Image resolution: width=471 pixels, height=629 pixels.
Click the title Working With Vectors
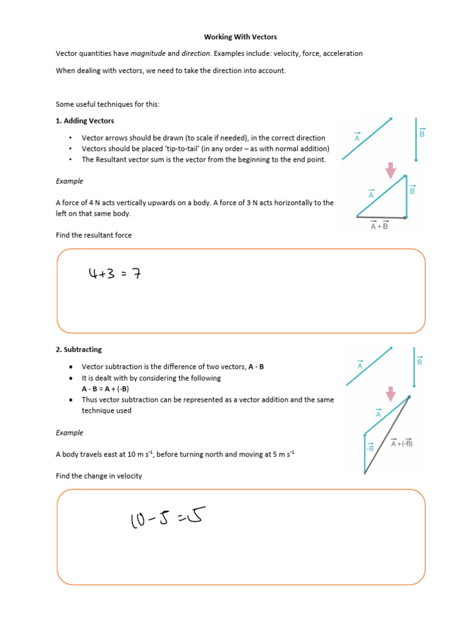point(236,37)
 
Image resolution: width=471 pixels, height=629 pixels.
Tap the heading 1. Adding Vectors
point(85,121)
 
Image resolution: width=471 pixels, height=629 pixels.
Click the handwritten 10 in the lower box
point(139,521)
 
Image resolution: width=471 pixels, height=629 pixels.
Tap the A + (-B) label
point(402,443)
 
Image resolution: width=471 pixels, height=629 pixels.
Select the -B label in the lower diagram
point(370,448)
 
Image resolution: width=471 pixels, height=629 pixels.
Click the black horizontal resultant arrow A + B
point(381,217)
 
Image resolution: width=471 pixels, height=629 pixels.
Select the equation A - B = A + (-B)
point(105,389)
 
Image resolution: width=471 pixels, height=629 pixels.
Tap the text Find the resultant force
point(93,235)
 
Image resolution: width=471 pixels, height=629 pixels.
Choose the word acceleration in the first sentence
point(342,54)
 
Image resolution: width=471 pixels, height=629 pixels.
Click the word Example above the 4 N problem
point(69,181)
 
